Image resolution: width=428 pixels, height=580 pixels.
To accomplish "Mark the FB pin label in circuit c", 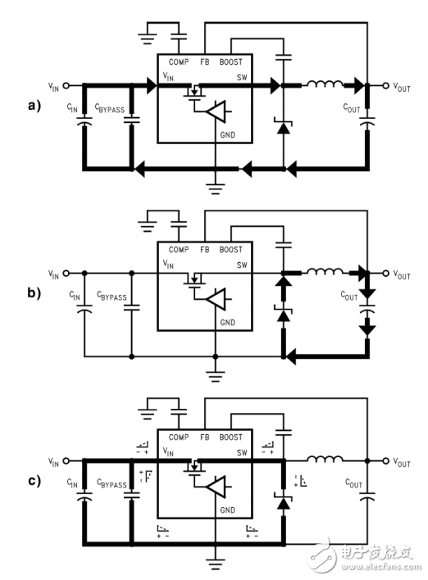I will [205, 437].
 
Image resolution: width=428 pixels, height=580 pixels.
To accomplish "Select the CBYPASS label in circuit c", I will [111, 485].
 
